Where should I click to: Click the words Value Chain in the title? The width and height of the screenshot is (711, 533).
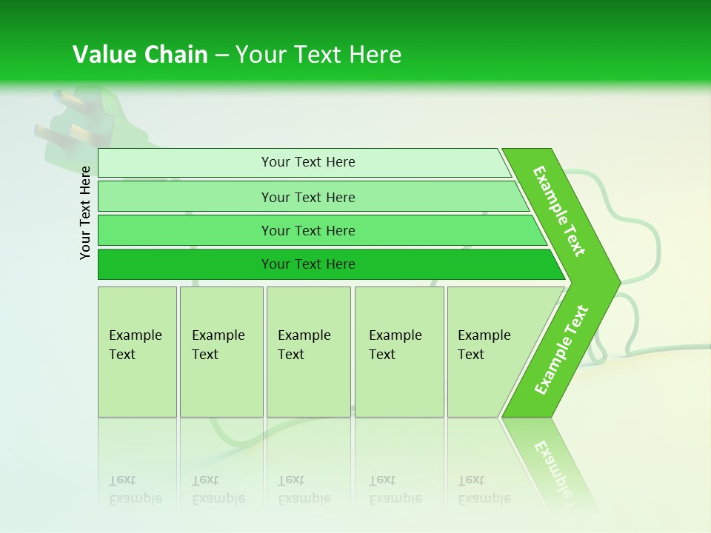[140, 55]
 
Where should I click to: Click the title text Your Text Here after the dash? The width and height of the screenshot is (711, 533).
[318, 55]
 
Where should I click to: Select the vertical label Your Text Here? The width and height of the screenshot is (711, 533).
[85, 212]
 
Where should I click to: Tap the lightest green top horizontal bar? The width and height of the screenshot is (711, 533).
[307, 162]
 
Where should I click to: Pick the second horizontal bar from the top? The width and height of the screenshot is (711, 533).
[307, 197]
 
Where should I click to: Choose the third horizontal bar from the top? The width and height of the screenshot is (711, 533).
[307, 230]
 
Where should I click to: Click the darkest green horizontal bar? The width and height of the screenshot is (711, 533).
[307, 264]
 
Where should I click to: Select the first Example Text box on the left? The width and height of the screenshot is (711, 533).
[137, 352]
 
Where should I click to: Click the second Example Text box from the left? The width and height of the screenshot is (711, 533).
[221, 352]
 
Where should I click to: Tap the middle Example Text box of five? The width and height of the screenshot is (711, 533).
[308, 352]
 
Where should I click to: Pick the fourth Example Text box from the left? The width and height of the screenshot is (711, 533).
[398, 352]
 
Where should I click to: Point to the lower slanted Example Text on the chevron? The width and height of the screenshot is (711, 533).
[561, 349]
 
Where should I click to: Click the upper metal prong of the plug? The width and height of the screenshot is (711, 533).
[64, 98]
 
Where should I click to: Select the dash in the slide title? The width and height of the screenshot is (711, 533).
[221, 56]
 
